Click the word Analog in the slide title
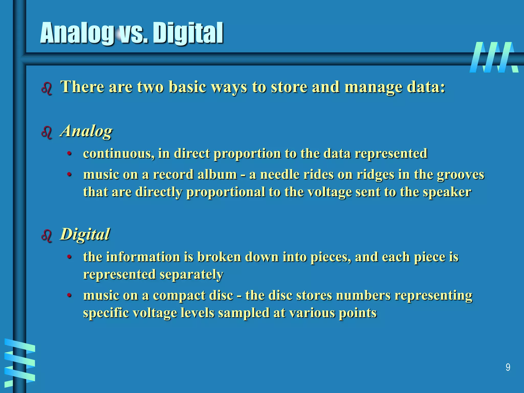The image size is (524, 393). tap(77, 33)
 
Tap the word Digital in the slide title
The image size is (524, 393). tap(188, 33)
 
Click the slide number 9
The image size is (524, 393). tap(508, 367)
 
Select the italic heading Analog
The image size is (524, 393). tap(86, 131)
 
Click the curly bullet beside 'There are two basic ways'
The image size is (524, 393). tap(47, 89)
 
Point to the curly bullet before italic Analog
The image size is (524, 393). tap(47, 133)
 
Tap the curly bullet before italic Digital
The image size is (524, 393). tap(47, 236)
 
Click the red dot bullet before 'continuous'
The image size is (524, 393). tap(69, 154)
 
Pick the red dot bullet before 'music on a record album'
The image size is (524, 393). tap(69, 175)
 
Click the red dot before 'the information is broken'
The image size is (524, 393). tap(69, 257)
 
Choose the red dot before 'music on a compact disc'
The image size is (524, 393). tap(69, 296)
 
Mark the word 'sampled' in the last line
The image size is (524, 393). tap(244, 313)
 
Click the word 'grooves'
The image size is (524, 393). tap(460, 175)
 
